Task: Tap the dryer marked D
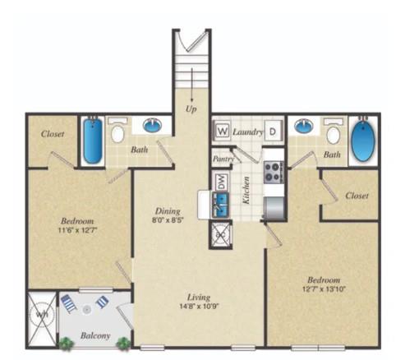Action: [274, 130]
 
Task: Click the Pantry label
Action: [223, 159]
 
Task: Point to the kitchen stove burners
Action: [273, 172]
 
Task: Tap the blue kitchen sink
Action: [220, 205]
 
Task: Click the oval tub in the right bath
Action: [361, 142]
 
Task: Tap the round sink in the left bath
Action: [152, 126]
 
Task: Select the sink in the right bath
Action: [304, 127]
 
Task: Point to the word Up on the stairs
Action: [192, 108]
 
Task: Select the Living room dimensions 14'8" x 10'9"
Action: [198, 307]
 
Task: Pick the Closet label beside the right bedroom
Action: [357, 196]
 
